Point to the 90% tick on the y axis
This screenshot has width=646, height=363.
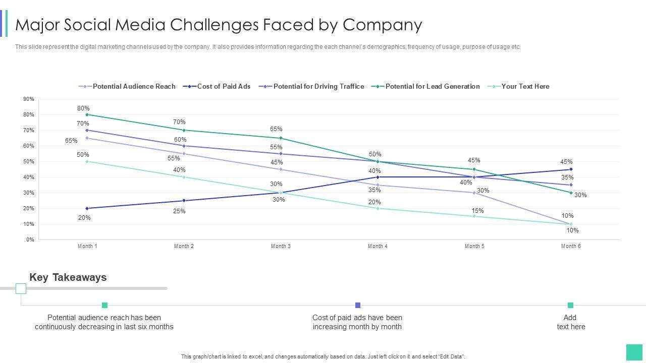(29, 99)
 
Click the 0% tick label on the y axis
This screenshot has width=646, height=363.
(30, 239)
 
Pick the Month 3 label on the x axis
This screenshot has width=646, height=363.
(281, 246)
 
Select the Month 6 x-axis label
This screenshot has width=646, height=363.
(571, 246)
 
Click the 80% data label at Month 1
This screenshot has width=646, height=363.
(83, 108)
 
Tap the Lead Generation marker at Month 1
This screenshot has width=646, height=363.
(87, 114)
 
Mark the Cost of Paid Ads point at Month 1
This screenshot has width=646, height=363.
(87, 208)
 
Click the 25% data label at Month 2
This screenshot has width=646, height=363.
(179, 211)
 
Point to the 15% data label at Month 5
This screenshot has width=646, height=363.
(477, 211)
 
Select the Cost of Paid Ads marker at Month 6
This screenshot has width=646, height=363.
(571, 169)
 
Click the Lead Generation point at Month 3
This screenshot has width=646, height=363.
(281, 138)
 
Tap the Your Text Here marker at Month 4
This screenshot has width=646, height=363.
(378, 208)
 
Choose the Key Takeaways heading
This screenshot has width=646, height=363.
(68, 277)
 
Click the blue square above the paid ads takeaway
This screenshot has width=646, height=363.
(358, 305)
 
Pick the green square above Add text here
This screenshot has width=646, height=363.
(570, 305)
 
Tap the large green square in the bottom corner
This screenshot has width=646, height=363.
(634, 352)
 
